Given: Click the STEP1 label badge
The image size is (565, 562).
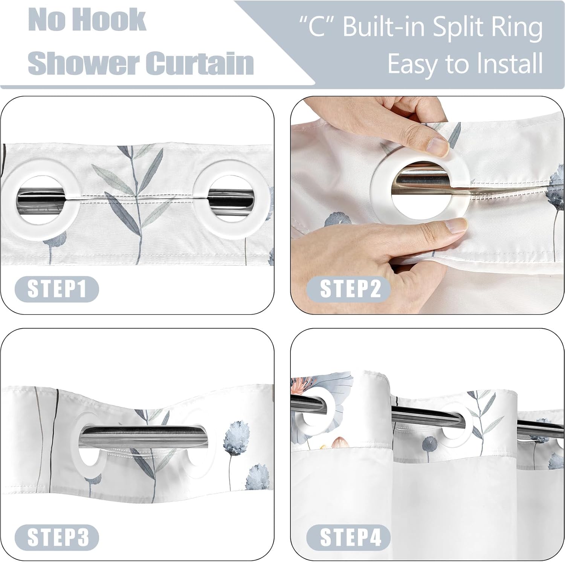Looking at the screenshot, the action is coord(56,289).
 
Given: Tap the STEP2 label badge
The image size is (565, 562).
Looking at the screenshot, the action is coord(348,289).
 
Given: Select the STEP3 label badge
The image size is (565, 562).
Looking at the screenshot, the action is coord(56,537).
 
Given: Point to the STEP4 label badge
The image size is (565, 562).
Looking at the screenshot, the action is coord(348,537).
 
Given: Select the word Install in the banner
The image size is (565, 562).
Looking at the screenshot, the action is coord(505,63).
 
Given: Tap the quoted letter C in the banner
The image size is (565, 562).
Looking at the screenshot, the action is coord(317,27).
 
